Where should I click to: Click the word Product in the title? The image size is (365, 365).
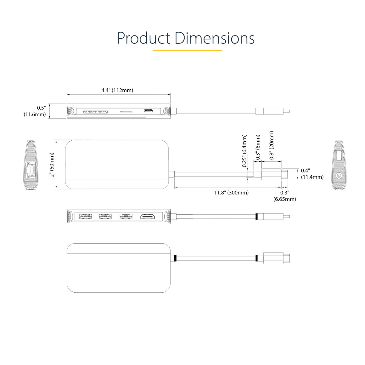coord(143,38)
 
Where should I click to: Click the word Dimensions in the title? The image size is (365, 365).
coord(214,38)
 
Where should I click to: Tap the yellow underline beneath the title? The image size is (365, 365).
coord(187,50)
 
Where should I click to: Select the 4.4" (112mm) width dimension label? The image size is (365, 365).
coord(117,90)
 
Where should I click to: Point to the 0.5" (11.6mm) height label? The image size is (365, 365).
coord(35,111)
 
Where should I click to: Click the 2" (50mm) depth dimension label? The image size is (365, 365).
coord(52,165)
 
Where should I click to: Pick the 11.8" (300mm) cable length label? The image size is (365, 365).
coord(231,193)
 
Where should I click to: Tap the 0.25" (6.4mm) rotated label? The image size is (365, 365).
coord(244,151)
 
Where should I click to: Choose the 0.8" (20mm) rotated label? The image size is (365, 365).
coord(272,145)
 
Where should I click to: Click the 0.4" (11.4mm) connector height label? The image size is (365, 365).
coord(312,174)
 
